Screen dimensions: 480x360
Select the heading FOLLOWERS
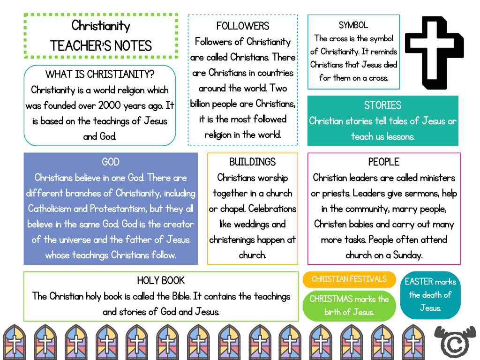pos(243,26)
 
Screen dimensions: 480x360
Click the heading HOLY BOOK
pos(161,280)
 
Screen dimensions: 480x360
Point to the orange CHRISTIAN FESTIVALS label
pos(349,279)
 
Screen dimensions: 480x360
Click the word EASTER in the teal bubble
pos(419,281)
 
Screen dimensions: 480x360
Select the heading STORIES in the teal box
pos(382,105)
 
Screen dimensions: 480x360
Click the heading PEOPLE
pos(383,162)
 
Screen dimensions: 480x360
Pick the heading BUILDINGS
pos(252,162)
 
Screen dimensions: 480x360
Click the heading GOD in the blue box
pos(111,162)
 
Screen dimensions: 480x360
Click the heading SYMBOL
pos(353,25)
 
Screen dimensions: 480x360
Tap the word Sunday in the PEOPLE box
pos(407,255)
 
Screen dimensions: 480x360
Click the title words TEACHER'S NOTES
pos(101,46)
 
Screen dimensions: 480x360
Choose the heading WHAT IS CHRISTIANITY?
pos(100,74)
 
